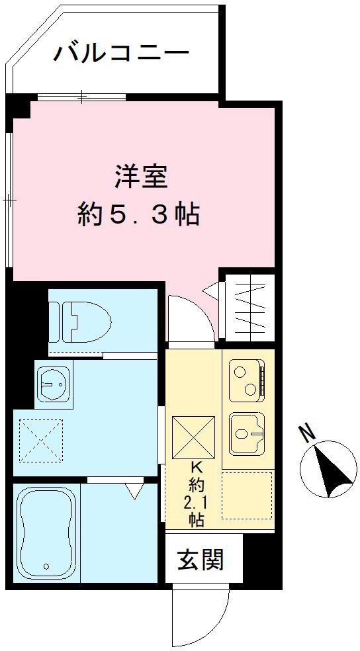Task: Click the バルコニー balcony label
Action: coord(121,52)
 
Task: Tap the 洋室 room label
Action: coord(139,177)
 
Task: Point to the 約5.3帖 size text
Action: coord(138,214)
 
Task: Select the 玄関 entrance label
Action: coord(201,560)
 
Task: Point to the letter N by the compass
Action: coord(306,433)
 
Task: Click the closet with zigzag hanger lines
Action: coord(246,310)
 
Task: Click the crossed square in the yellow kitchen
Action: coord(193,437)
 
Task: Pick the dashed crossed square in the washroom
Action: coord(40,441)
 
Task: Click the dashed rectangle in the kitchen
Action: coord(246,495)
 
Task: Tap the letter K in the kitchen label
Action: coord(196,466)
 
